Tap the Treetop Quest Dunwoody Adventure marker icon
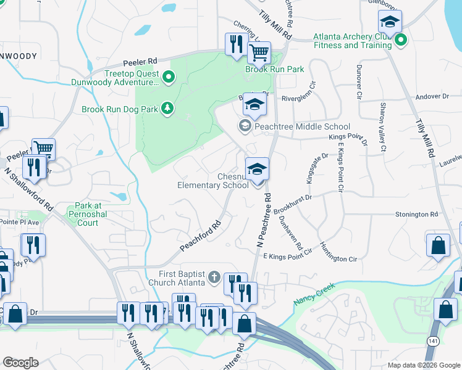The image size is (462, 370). click(167, 78)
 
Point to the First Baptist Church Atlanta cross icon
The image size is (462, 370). click(214, 277)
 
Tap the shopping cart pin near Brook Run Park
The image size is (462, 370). click(259, 54)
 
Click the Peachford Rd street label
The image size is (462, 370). click(201, 236)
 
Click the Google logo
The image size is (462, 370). click(20, 363)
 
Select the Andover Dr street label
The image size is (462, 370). click(432, 97)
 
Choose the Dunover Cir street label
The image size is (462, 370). click(358, 83)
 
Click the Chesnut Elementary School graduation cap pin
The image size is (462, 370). click(257, 169)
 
